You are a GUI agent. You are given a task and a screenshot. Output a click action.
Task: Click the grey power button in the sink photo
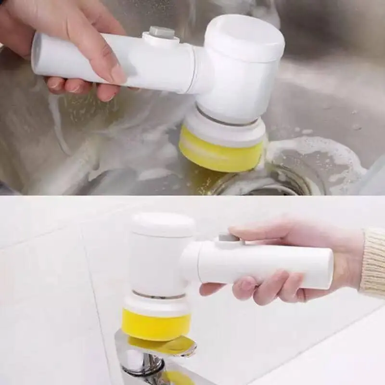coord(161,33)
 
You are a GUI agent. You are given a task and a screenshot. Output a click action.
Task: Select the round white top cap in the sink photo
coord(245,36)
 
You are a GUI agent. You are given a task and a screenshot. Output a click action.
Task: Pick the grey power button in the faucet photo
coord(226,238)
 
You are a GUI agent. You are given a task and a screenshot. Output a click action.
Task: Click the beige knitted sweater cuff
coord(373,262)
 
